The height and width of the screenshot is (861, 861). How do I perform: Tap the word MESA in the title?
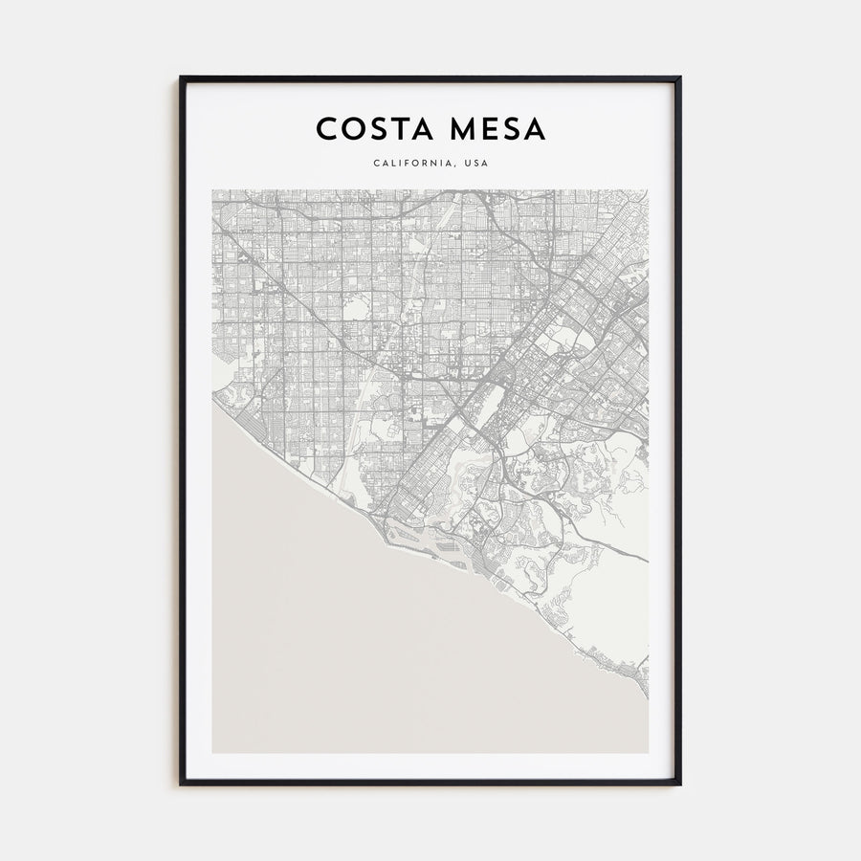pos(494,129)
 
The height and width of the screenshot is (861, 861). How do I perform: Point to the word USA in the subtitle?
pos(475,164)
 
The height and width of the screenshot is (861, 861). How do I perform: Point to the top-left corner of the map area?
pos(213,189)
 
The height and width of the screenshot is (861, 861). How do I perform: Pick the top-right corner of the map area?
pos(648,189)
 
